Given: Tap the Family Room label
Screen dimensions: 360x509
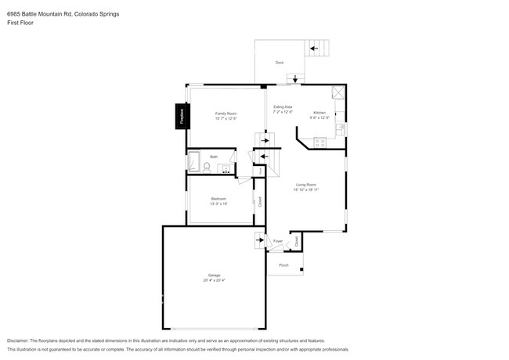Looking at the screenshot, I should pyautogui.click(x=226, y=113).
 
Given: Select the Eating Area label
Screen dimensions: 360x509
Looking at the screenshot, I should pyautogui.click(x=282, y=106).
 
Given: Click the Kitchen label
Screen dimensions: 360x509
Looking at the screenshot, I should pyautogui.click(x=319, y=113).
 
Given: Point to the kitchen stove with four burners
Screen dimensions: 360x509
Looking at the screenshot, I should pyautogui.click(x=319, y=142).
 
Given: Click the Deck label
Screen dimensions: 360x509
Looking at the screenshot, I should pyautogui.click(x=279, y=62).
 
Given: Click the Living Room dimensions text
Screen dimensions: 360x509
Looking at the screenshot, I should pyautogui.click(x=305, y=189).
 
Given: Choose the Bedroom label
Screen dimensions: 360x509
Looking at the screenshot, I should pyautogui.click(x=218, y=199).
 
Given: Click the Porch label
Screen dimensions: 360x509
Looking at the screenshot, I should pyautogui.click(x=283, y=265).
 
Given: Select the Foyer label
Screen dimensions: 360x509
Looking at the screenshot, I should pyautogui.click(x=277, y=242).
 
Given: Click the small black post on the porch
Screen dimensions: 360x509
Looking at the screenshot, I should pyautogui.click(x=302, y=270).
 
